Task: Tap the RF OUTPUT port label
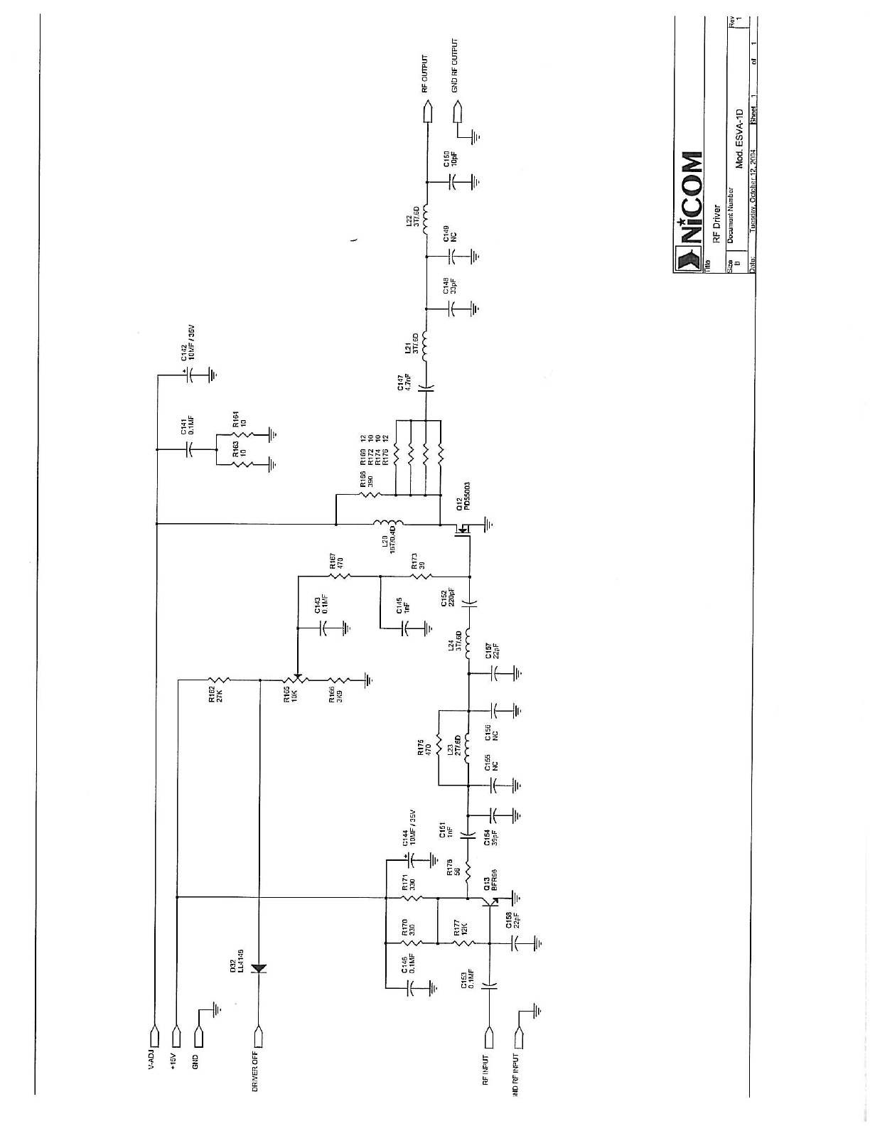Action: (x=425, y=74)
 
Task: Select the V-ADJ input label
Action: (x=151, y=1060)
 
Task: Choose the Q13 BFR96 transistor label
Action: (x=490, y=881)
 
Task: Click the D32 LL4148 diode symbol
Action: (x=259, y=969)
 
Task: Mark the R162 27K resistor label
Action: (x=215, y=695)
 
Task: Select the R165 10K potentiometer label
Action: (x=290, y=695)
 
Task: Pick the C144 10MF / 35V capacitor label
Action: (x=409, y=827)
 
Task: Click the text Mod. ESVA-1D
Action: (x=739, y=139)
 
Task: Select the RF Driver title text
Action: (x=717, y=225)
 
